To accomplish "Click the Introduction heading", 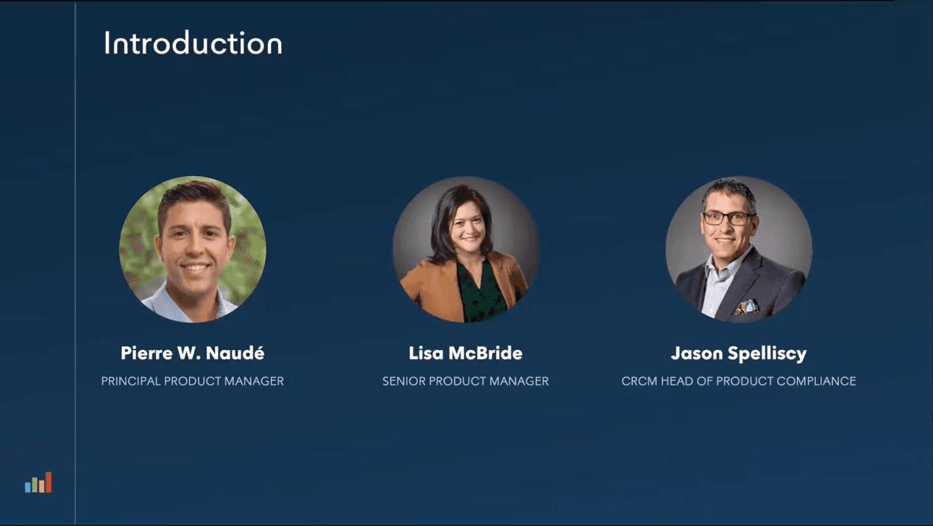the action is [x=193, y=43].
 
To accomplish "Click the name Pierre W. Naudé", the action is [x=193, y=354].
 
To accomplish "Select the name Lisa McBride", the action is [x=465, y=354].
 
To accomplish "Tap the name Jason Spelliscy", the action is [x=739, y=354].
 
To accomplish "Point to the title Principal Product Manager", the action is [x=193, y=382].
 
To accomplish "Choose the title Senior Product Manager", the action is [x=465, y=382].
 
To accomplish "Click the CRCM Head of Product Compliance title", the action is [x=739, y=382].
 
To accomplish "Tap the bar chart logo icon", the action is [x=38, y=483].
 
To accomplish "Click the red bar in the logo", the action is [x=49, y=483].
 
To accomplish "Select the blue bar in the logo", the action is [x=28, y=487].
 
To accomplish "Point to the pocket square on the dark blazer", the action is [x=748, y=307].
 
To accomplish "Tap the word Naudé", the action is [x=235, y=354].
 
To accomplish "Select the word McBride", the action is [x=485, y=354].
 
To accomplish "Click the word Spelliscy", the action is [x=767, y=354].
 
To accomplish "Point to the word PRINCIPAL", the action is [x=131, y=382].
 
